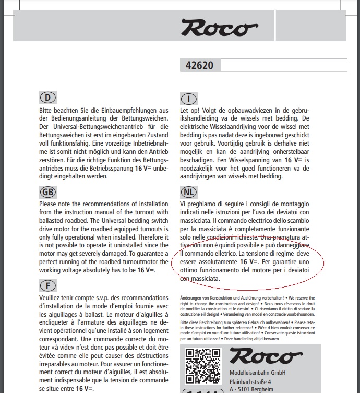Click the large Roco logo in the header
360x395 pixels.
point(219,28)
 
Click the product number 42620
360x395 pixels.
point(199,66)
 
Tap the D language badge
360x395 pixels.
point(47,98)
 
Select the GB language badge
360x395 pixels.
point(47,191)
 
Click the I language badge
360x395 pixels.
point(188,99)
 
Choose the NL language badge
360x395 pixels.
point(188,191)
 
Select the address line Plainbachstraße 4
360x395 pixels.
point(257,381)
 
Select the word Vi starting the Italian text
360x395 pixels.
point(183,204)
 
